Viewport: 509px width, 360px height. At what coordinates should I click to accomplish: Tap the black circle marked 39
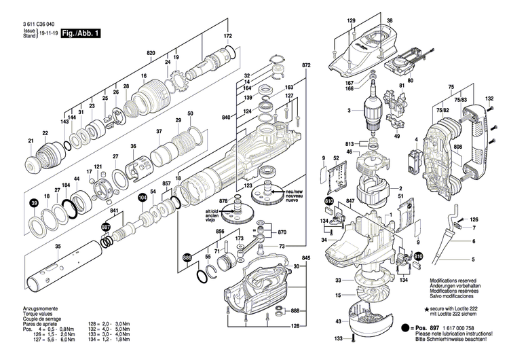click(x=33, y=203)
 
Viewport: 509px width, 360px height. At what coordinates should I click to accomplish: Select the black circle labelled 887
click(x=105, y=227)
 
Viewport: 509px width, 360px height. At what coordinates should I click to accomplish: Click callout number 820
click(x=151, y=52)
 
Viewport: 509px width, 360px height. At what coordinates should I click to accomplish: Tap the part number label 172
click(x=227, y=35)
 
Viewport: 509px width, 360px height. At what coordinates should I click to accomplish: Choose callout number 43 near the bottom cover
click(x=337, y=321)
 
